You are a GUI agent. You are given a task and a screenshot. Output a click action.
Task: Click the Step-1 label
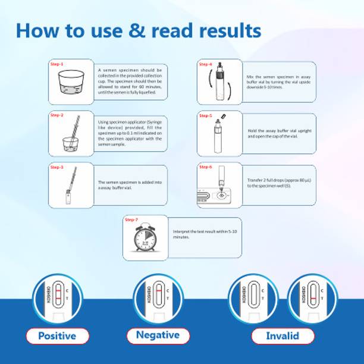(57, 64)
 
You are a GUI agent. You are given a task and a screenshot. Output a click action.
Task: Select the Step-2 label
(57, 115)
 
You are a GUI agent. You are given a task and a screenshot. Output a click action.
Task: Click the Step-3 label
(57, 168)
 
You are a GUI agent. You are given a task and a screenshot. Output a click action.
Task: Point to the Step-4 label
(206, 64)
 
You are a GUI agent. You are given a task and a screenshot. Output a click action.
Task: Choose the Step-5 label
(206, 115)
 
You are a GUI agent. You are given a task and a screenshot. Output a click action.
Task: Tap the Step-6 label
(206, 167)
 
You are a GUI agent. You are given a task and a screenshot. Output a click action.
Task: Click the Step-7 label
(131, 220)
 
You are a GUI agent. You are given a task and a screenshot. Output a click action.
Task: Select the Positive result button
(57, 336)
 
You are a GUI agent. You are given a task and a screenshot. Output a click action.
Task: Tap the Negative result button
(158, 335)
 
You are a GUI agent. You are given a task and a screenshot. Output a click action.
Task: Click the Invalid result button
(283, 336)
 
